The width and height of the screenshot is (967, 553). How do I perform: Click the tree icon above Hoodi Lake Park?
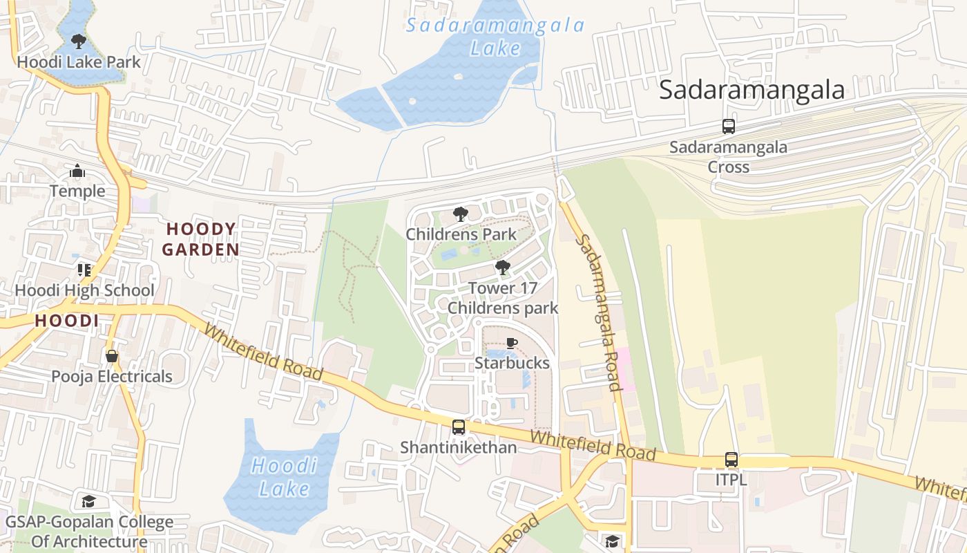pyautogui.click(x=78, y=41)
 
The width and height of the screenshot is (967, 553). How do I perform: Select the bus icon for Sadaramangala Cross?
pyautogui.click(x=728, y=126)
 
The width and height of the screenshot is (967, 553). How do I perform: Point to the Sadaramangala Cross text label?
pyautogui.click(x=728, y=157)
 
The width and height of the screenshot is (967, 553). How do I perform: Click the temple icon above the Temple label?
pyautogui.click(x=77, y=171)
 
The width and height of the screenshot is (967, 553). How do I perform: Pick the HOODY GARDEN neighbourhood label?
pyautogui.click(x=201, y=239)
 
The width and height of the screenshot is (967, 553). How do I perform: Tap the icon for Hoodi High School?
pyautogui.click(x=84, y=270)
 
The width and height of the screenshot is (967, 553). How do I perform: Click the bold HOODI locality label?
pyautogui.click(x=66, y=321)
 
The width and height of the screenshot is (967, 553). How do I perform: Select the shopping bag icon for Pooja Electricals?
pyautogui.click(x=111, y=356)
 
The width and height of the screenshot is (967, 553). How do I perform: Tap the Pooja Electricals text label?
pyautogui.click(x=112, y=377)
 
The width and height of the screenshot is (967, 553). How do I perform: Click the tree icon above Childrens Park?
pyautogui.click(x=460, y=214)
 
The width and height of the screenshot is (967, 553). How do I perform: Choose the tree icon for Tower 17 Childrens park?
pyautogui.click(x=502, y=268)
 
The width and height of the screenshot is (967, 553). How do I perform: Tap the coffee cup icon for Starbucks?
pyautogui.click(x=511, y=344)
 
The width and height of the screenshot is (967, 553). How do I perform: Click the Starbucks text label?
pyautogui.click(x=512, y=364)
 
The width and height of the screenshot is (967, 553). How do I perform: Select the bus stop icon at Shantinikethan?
pyautogui.click(x=458, y=427)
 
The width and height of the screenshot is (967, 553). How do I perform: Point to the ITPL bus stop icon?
pyautogui.click(x=731, y=459)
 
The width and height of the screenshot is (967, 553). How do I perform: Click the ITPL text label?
pyautogui.click(x=731, y=479)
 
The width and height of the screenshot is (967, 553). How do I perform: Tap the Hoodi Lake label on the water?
pyautogui.click(x=284, y=477)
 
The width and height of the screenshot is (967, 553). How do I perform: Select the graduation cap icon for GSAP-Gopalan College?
pyautogui.click(x=88, y=501)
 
